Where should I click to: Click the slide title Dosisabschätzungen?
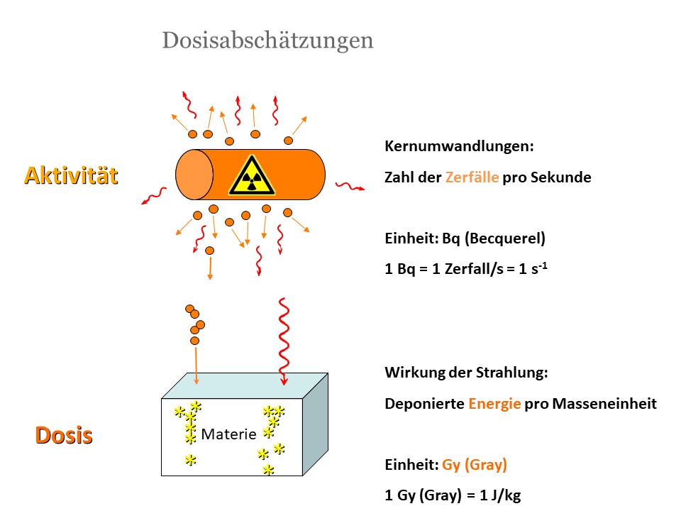coord(267,41)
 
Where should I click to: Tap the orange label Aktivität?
coord(71,175)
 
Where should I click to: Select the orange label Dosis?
coord(64,435)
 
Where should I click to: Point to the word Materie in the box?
coord(229,434)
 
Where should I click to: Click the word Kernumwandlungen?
coord(459,146)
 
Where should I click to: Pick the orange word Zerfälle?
coord(472,177)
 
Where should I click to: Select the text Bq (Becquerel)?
coord(494,238)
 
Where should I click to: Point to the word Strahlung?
coord(511,373)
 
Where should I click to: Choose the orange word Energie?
coord(494,404)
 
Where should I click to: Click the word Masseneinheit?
coord(604,404)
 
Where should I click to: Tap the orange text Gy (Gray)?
coord(475,465)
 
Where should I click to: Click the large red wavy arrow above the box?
coord(284,341)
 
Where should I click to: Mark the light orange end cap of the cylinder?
coord(194,175)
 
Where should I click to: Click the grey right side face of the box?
coord(315,424)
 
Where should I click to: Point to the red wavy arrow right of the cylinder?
coord(350,187)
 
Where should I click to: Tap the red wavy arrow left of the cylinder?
coord(154,196)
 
